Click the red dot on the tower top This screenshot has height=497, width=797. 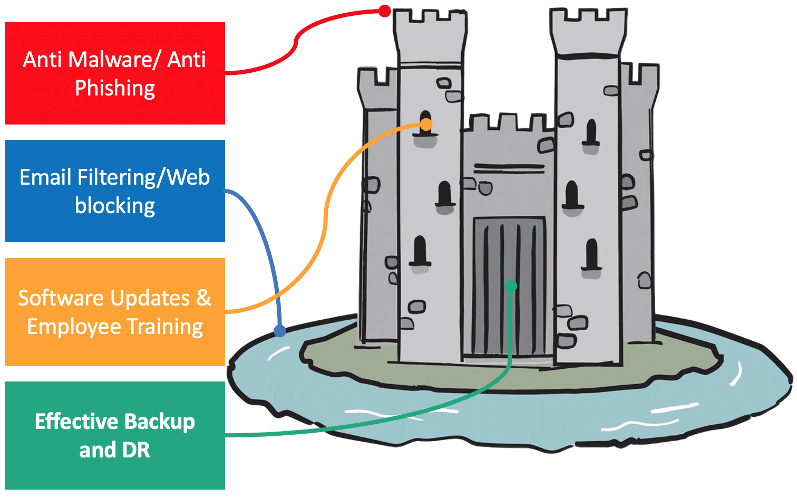(385, 11)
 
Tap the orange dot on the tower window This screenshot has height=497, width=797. (426, 125)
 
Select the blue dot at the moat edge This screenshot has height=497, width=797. (280, 331)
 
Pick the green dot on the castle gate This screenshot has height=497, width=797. (510, 286)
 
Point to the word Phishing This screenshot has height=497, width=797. (115, 89)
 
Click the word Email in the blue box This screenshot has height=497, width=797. (45, 177)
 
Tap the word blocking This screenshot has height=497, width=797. (115, 206)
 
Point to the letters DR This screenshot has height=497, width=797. (136, 451)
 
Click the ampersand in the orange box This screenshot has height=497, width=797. (203, 298)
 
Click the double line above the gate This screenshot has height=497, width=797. (509, 168)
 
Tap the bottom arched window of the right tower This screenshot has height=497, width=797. (591, 254)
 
